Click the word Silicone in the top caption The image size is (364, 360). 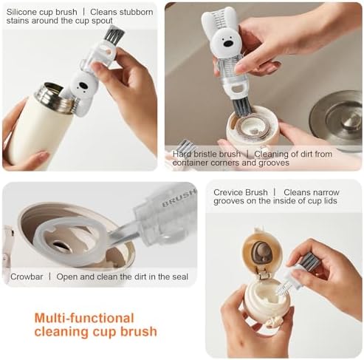point(22,12)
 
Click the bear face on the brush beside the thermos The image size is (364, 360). point(83,86)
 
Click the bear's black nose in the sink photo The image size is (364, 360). point(227,44)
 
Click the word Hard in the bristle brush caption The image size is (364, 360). point(182,154)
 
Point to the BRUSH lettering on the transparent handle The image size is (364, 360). point(179,198)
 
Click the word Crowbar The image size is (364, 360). point(27,276)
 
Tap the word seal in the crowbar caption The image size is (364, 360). point(180,276)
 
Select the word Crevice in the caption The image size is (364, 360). point(228,192)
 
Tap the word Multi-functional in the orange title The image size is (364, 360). point(84,318)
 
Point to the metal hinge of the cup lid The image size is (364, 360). point(263,274)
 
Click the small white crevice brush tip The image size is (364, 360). point(282,288)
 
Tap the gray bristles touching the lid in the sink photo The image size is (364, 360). point(241,107)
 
